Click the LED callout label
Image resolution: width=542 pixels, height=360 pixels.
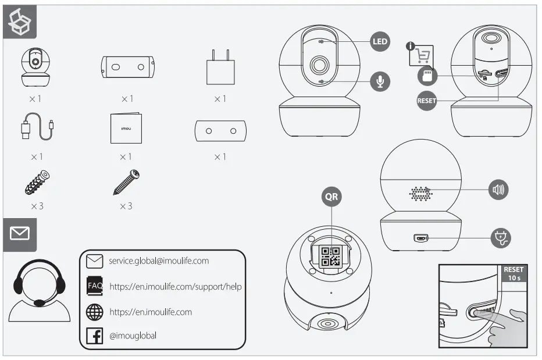[x=380, y=42]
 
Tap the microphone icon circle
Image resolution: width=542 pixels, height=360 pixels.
[x=380, y=81]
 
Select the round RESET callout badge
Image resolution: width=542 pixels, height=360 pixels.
[x=426, y=101]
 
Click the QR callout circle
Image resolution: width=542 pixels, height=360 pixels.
[x=331, y=197]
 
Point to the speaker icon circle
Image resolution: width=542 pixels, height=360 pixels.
[x=498, y=190]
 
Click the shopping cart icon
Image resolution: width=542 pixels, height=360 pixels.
[x=422, y=55]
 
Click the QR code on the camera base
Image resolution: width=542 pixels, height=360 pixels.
[x=330, y=256]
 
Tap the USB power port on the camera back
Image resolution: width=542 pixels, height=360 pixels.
[x=420, y=238]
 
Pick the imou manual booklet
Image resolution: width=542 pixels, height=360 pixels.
[x=126, y=126]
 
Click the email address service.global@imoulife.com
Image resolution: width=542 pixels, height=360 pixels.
[x=158, y=261]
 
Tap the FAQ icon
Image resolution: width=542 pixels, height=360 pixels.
[x=94, y=286]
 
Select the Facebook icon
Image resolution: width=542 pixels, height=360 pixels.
[x=94, y=336]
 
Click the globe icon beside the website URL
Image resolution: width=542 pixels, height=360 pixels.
[x=94, y=312]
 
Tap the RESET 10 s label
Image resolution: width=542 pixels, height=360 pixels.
[x=514, y=274]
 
